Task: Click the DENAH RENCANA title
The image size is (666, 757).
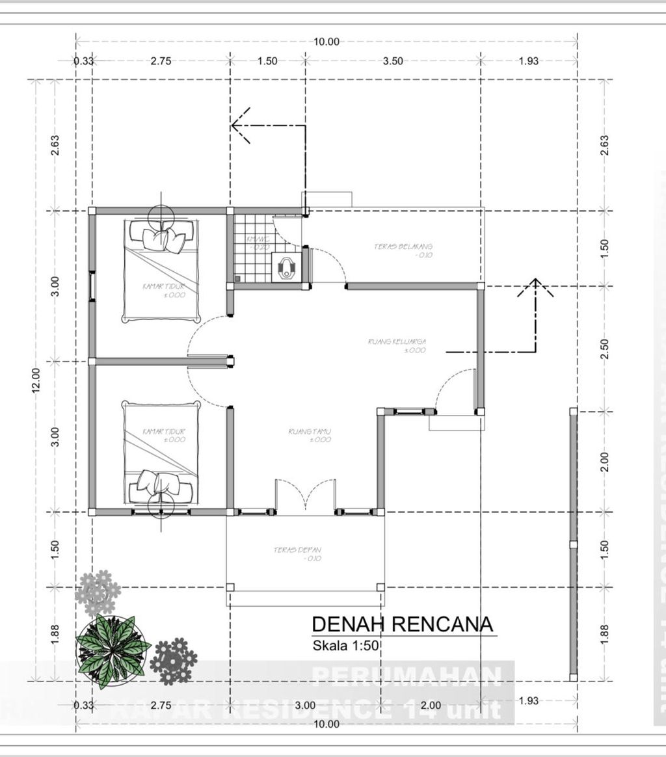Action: click(403, 624)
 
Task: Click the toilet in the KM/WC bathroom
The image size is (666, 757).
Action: click(286, 267)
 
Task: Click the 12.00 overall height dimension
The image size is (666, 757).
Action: click(36, 380)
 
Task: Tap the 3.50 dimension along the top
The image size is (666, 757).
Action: click(393, 61)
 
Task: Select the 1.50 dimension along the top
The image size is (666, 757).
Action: click(267, 61)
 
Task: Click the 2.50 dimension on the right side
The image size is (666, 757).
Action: click(605, 349)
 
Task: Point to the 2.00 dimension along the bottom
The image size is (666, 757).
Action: click(431, 705)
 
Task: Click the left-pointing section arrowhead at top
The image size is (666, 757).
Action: click(238, 125)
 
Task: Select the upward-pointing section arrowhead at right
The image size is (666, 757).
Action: click(535, 287)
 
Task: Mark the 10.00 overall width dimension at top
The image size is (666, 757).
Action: click(326, 42)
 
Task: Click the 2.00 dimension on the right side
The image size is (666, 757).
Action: click(605, 462)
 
